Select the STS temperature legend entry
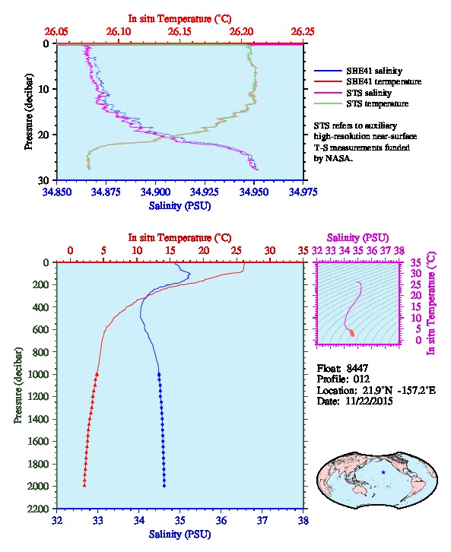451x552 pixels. tap(361, 103)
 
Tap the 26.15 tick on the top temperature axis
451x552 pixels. tap(179, 32)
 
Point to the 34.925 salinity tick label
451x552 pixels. tap(204, 192)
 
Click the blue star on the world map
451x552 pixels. tap(383, 472)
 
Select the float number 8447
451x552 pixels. tap(357, 368)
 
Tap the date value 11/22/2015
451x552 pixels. tap(369, 401)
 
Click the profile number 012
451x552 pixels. tap(361, 379)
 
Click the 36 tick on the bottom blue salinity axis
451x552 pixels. tap(221, 520)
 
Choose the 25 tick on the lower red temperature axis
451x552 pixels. tap(237, 251)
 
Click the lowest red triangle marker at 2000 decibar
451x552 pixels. tap(84, 485)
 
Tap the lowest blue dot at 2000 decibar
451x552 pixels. tap(164, 486)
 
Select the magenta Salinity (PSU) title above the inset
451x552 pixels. tap(357, 238)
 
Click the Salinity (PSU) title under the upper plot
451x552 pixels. tap(179, 206)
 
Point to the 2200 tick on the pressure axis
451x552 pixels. tap(39, 509)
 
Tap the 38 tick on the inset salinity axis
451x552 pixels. tap(399, 251)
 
